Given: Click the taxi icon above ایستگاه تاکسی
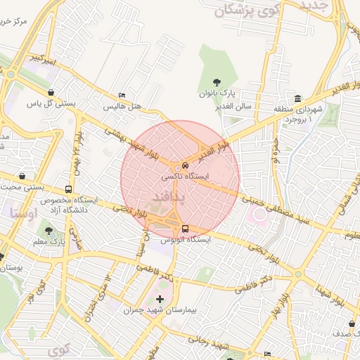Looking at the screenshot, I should (x=176, y=166).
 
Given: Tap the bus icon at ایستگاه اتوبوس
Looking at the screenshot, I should (x=186, y=229).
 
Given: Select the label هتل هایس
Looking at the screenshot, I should (x=123, y=107).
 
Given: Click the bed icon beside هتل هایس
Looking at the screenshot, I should (x=123, y=96).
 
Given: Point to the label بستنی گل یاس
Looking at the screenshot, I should (x=51, y=103).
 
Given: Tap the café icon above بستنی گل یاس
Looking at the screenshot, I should (x=51, y=92).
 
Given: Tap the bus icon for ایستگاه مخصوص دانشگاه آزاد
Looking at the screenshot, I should (x=68, y=189).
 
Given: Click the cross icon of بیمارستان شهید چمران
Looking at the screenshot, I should (x=160, y=299).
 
